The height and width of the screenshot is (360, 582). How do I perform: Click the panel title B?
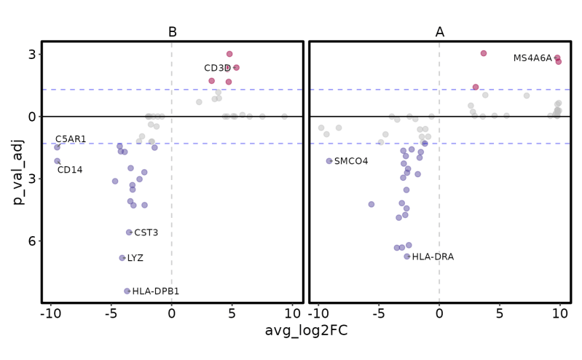click(172, 32)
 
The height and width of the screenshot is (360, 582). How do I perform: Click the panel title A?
click(439, 32)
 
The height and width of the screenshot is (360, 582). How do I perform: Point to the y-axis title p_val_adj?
click(19, 172)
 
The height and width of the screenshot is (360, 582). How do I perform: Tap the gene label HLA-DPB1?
click(156, 291)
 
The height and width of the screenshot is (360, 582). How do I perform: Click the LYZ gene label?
click(135, 258)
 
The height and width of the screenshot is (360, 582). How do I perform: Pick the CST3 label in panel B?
click(146, 232)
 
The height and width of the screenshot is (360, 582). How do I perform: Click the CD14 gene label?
click(70, 171)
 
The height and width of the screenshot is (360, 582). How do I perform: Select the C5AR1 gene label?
click(71, 139)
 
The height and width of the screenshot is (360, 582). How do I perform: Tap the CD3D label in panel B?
click(217, 69)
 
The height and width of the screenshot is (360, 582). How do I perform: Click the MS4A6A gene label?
click(532, 58)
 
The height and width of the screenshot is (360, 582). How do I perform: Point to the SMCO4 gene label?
click(351, 161)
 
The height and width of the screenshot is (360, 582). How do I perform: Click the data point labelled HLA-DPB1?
click(127, 291)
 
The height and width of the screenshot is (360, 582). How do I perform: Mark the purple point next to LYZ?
click(122, 258)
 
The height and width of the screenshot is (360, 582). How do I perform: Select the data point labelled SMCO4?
click(329, 161)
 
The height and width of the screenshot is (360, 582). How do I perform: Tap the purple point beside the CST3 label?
click(129, 232)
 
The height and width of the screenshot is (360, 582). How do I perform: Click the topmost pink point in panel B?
click(229, 54)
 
